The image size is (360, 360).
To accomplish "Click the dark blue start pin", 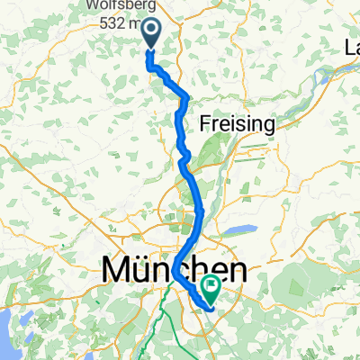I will click(150, 34).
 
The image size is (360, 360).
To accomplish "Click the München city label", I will click(175, 269).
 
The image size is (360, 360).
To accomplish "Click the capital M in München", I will click(115, 269).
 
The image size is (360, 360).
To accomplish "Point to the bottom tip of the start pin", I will click(150, 47).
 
